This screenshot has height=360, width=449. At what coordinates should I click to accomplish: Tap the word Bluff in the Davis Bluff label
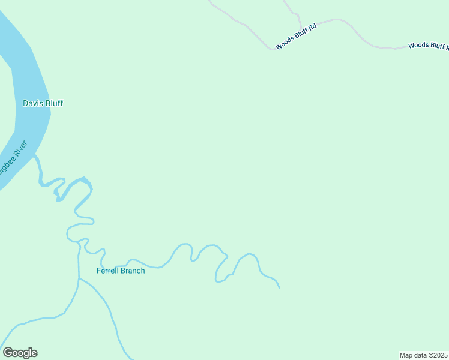[53, 103]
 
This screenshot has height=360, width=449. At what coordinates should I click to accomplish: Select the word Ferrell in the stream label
[108, 271]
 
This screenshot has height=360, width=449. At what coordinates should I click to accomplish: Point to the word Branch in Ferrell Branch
[133, 271]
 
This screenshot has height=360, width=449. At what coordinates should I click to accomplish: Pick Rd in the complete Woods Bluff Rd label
[312, 26]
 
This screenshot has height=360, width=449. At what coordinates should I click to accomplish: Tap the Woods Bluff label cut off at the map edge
[428, 46]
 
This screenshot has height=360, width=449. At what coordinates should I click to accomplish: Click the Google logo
[20, 353]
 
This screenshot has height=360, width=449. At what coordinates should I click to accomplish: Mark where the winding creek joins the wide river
[35, 156]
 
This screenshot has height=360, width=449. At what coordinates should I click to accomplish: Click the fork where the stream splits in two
[79, 278]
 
